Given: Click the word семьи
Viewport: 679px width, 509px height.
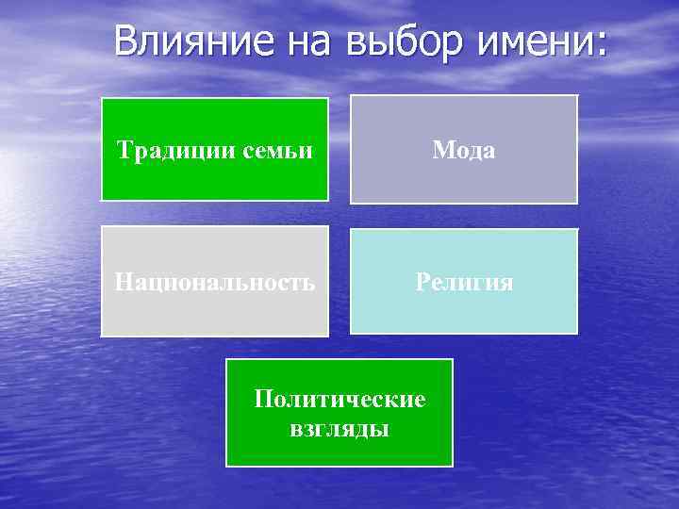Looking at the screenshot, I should [x=275, y=150].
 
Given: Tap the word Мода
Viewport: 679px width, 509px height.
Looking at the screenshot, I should [x=463, y=150].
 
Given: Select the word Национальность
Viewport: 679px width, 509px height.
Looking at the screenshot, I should [x=215, y=282].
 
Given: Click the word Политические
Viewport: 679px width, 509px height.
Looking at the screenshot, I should [x=339, y=399].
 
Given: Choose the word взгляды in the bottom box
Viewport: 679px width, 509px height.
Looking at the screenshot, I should [x=339, y=429].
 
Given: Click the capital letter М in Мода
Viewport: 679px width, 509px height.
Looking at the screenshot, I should [x=441, y=150].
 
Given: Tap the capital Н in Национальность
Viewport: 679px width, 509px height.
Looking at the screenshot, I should [x=123, y=282].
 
